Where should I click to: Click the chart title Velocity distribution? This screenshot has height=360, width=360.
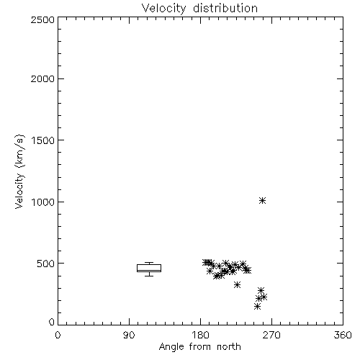pos(199,8)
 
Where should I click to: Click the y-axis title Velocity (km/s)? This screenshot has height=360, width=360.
pos(19,171)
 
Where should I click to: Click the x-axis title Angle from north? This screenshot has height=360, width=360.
pos(199,347)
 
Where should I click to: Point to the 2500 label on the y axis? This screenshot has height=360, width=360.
pos(42,20)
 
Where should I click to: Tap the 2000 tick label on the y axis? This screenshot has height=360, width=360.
pos(42,79)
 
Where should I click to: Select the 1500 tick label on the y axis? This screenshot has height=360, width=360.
pos(43,140)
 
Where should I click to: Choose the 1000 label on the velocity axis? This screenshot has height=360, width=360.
pos(43,202)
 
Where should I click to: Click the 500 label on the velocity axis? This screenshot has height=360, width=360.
pos(46,264)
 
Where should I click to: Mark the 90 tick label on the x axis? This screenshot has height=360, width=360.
pos(129,335)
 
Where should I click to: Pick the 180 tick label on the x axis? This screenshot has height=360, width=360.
pos(200,335)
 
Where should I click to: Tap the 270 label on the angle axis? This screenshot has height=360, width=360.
pos(271,335)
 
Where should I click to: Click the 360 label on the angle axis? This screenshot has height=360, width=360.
pos(343,335)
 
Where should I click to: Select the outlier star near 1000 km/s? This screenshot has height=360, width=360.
pos(263,200)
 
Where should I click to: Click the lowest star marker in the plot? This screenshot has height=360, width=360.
pos(257,306)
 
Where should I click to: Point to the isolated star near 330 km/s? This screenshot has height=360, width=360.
pos(237,285)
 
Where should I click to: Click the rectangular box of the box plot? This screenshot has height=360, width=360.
pos(149,265)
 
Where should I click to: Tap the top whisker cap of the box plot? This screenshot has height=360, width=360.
pos(149,263)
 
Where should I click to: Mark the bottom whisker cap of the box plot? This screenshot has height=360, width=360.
pos(149,276)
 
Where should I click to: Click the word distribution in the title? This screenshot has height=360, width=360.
pos(225,8)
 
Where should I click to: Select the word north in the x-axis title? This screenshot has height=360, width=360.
pos(229,346)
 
